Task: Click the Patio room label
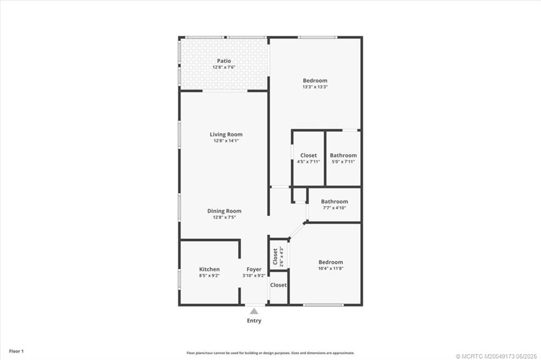point(223,61)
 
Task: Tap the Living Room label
point(226,135)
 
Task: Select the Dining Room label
point(224,211)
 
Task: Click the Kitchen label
point(209,269)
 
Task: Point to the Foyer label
point(254,269)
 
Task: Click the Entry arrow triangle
point(254,311)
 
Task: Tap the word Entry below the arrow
point(254,320)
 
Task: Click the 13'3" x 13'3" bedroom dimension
point(315,87)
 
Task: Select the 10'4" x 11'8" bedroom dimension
point(331,269)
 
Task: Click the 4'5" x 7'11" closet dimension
point(309,162)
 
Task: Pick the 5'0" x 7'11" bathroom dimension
point(343,162)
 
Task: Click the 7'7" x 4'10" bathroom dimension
point(334,207)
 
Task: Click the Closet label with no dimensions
point(278,285)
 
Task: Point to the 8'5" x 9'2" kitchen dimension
point(209,276)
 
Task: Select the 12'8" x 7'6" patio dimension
point(223,68)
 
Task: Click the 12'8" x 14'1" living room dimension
point(226,141)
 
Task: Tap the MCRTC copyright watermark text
point(496,356)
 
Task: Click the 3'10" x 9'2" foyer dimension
point(254,276)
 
